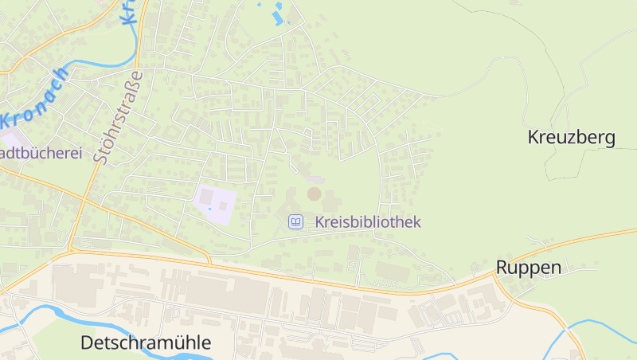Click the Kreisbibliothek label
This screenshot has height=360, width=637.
(x=367, y=222)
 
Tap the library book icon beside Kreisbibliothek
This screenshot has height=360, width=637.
(x=296, y=221)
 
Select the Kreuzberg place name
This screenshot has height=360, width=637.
(x=571, y=137)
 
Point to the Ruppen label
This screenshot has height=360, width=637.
(x=529, y=267)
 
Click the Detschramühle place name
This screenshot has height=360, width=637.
(x=146, y=343)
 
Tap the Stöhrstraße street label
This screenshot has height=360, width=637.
(x=117, y=117)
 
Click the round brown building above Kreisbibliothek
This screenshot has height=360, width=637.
(x=315, y=194)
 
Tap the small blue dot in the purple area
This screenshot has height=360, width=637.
(x=210, y=209)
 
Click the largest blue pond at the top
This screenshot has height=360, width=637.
(x=278, y=16)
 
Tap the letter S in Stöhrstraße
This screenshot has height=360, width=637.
(x=100, y=157)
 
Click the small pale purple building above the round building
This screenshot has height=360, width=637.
(x=316, y=180)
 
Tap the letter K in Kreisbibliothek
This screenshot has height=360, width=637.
(x=320, y=222)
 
